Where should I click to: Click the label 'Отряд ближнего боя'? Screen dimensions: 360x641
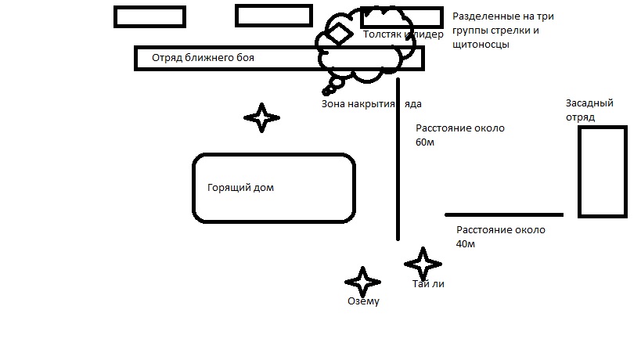(x=203, y=58)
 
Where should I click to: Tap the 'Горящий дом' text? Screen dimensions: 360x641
(x=240, y=188)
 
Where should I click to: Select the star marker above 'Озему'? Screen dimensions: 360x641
(x=362, y=282)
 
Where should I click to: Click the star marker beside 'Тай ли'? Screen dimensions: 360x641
(x=423, y=263)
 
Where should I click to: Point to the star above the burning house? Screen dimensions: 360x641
(x=261, y=118)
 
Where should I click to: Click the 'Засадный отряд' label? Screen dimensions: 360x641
(x=589, y=110)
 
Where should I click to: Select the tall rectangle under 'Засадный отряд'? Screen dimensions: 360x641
(x=602, y=171)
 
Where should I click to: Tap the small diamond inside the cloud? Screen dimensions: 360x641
(x=340, y=34)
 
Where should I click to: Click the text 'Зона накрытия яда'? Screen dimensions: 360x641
(x=372, y=103)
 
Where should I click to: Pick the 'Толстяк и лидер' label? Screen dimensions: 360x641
(x=403, y=34)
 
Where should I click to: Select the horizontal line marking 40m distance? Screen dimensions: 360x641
(x=504, y=214)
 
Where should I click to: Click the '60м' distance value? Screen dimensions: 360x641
(x=425, y=142)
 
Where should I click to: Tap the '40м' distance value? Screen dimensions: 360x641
(x=466, y=243)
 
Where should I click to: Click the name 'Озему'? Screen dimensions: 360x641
(x=363, y=301)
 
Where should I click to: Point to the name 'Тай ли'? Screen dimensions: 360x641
(x=428, y=284)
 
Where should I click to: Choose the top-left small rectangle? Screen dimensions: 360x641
(x=149, y=16)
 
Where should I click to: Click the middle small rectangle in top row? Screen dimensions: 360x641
(x=273, y=16)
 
